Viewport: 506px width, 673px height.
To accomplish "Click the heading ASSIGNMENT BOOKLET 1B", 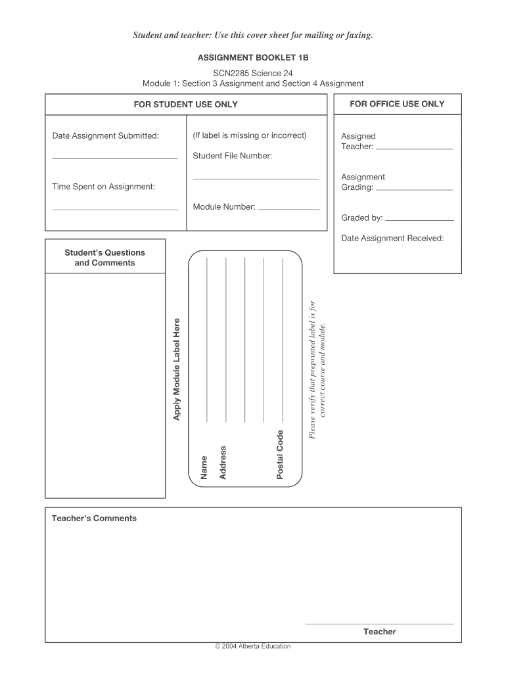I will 253,58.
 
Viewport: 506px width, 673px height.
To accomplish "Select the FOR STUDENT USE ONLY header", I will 186,104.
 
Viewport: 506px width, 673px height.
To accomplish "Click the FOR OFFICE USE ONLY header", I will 397,104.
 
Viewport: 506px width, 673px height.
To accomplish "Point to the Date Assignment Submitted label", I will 106,136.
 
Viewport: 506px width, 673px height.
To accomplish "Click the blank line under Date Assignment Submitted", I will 115,158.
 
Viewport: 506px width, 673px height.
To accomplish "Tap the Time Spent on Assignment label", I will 104,187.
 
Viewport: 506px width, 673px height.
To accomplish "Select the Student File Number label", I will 233,156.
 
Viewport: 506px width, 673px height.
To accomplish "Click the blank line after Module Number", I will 288,209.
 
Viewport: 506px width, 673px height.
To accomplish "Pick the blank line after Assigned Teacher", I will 414,149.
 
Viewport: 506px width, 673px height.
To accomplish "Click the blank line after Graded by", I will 419,220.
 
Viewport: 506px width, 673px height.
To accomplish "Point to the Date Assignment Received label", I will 392,238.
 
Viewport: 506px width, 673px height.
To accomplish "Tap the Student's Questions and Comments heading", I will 104,258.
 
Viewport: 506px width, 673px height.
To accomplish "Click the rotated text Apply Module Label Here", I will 176,369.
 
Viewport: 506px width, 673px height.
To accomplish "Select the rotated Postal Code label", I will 280,454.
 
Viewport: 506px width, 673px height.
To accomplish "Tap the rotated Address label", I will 223,462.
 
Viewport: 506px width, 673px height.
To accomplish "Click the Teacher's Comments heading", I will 95,519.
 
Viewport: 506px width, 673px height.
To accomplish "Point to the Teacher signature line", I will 380,624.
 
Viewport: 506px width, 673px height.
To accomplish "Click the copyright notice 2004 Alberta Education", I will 253,646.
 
